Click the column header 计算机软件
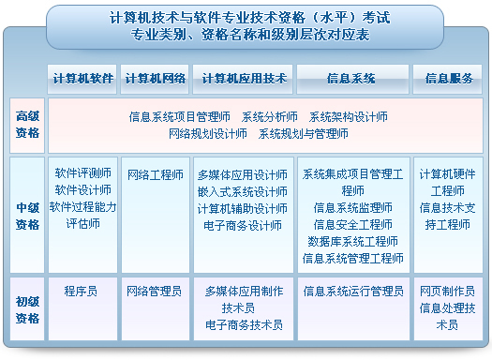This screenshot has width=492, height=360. (82, 79)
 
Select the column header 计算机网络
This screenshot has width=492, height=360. (155, 79)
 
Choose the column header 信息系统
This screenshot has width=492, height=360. (351, 79)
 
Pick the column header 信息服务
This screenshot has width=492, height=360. (447, 79)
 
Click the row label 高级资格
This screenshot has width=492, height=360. (28, 125)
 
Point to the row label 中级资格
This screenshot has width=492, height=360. (28, 217)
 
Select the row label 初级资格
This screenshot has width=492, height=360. (28, 308)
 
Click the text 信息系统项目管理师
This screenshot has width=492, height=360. (179, 118)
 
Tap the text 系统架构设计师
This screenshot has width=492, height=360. (348, 118)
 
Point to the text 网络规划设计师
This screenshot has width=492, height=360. (208, 134)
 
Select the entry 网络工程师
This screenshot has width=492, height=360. (155, 174)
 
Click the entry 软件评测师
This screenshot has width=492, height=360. (82, 173)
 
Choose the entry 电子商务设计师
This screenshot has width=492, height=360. (242, 225)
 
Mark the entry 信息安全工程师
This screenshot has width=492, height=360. (352, 225)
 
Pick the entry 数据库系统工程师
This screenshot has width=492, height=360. (352, 242)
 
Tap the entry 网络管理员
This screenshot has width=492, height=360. (155, 292)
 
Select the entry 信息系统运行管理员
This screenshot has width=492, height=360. (352, 292)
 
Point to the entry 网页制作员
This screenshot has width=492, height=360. (447, 292)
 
